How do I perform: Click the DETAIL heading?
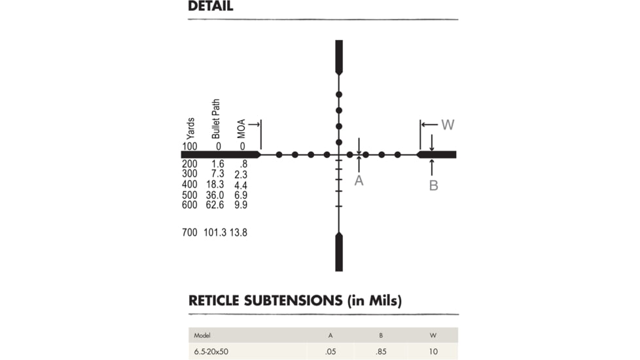click(210, 7)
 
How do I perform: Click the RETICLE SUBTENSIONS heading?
click(294, 300)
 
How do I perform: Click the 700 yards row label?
click(189, 232)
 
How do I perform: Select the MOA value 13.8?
click(238, 232)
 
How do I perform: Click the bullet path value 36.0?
click(215, 195)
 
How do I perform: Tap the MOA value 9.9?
click(240, 205)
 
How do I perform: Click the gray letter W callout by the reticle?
click(448, 124)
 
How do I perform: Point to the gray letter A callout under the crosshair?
click(359, 181)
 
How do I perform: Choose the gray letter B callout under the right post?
click(433, 186)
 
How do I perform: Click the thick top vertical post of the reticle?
click(339, 57)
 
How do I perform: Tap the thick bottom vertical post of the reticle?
click(339, 251)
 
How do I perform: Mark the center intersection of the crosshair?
click(339, 155)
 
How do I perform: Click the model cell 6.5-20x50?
click(210, 351)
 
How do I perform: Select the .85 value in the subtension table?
click(380, 351)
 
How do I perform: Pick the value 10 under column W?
click(433, 351)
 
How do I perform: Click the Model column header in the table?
click(202, 335)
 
